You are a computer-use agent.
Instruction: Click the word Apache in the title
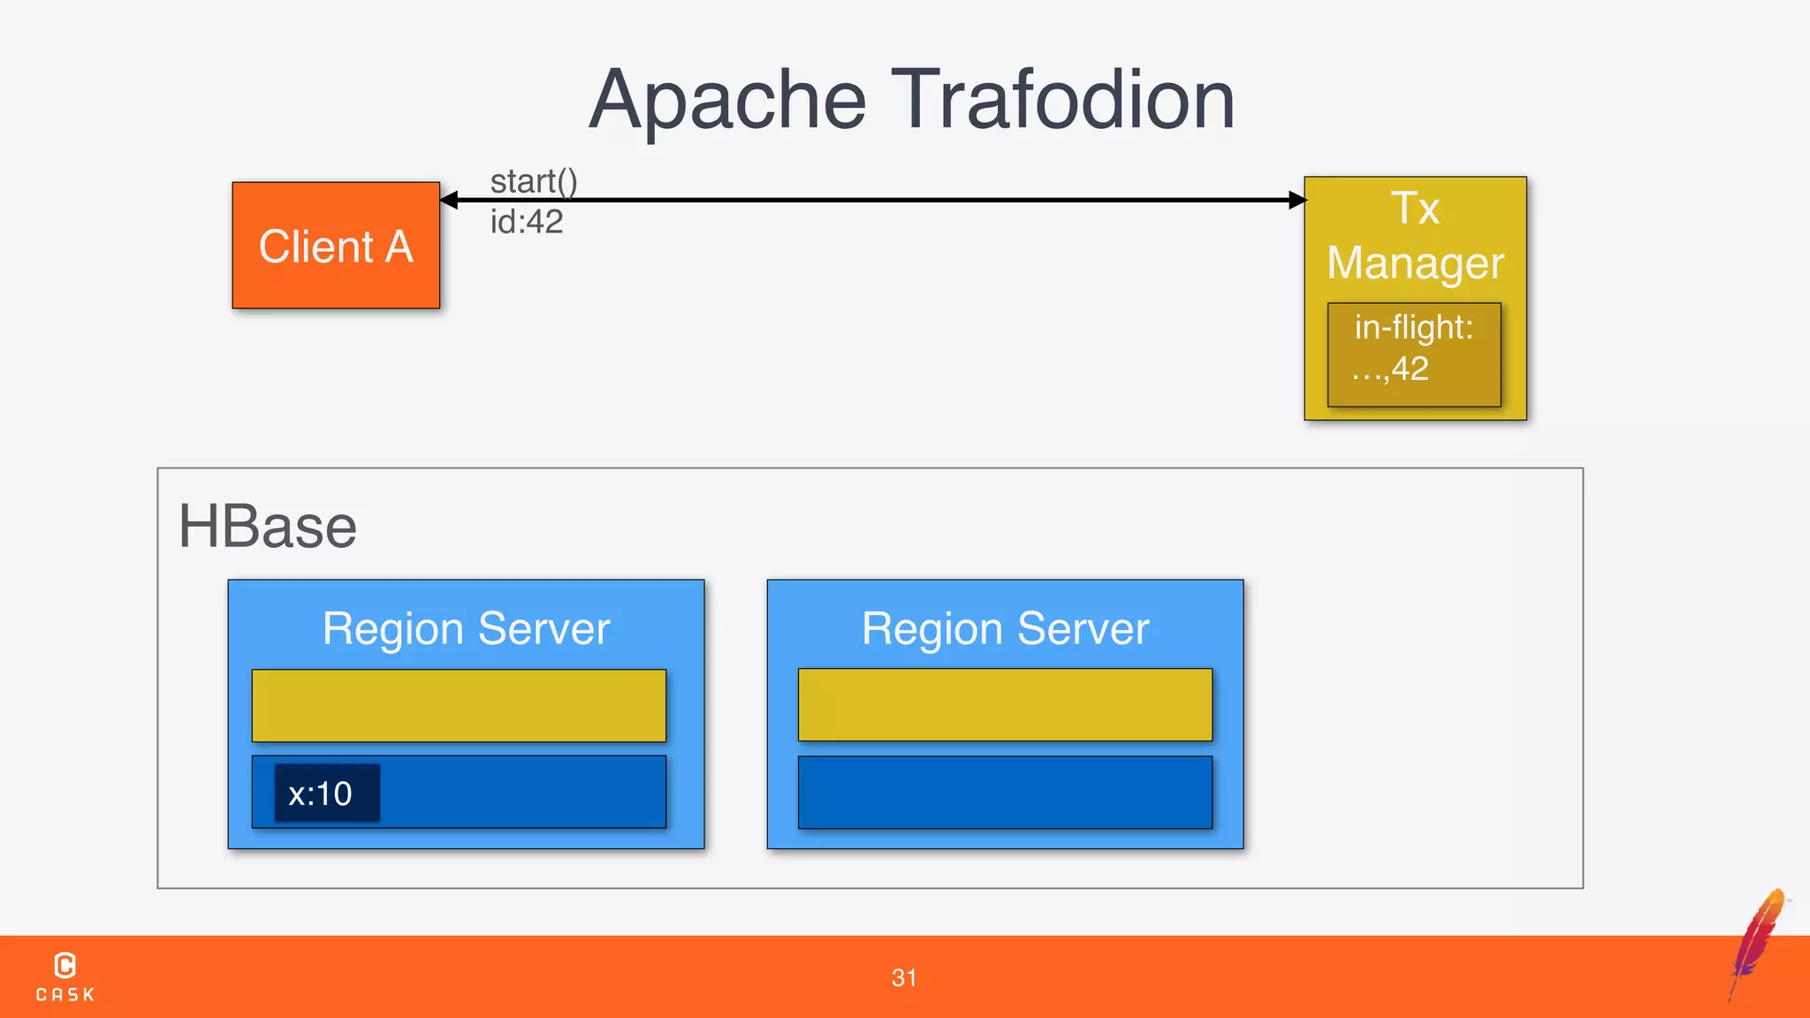coord(727,101)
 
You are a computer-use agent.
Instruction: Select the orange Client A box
coord(336,246)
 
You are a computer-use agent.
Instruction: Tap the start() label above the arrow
coord(534,181)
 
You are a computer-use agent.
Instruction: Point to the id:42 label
coord(527,222)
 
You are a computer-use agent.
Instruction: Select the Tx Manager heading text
coord(1415,236)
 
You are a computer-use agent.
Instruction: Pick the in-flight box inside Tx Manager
coord(1414,354)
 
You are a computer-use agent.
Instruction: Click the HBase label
coord(267,527)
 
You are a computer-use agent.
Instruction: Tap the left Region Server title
coord(466,629)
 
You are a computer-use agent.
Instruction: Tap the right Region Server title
coord(1005,629)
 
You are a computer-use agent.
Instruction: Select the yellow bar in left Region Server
coord(459,705)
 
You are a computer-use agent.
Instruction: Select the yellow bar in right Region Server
coord(1005,704)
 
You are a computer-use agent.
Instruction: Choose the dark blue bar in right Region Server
coord(1005,792)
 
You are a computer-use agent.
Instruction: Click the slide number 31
coord(904,977)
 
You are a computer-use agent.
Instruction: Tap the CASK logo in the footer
coord(65,976)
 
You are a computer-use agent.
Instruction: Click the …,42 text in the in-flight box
coord(1390,369)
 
